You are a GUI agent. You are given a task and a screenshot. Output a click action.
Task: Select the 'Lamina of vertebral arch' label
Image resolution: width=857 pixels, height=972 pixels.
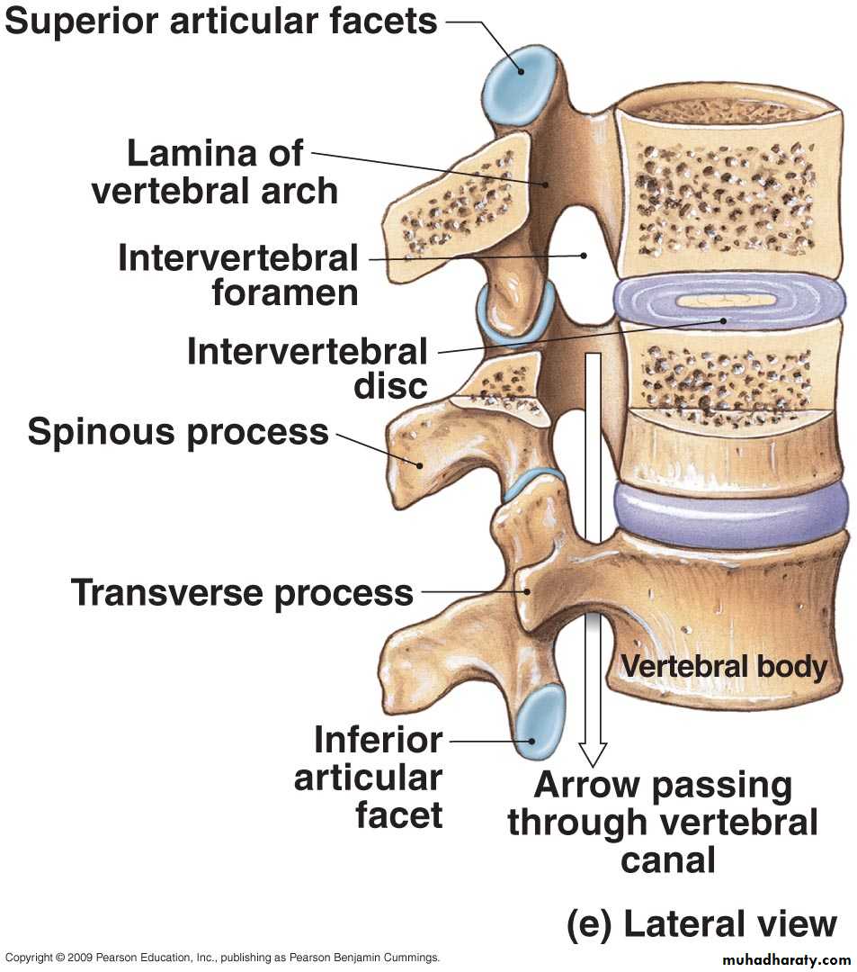coord(215,172)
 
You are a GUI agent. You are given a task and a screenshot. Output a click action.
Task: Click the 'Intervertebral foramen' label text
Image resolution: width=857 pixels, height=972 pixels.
coord(238,275)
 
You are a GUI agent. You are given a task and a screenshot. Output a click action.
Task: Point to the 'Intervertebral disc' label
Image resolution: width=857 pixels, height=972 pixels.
coord(307,367)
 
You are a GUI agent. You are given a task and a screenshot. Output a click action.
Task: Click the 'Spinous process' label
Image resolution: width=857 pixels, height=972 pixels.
coord(178,432)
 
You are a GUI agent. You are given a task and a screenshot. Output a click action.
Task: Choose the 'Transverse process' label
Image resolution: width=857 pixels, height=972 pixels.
coord(242,593)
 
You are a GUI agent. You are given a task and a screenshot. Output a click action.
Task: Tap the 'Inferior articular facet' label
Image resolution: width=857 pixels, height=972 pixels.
coord(369,778)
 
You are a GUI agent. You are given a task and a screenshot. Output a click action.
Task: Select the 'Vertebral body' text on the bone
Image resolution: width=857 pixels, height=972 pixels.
coord(724,667)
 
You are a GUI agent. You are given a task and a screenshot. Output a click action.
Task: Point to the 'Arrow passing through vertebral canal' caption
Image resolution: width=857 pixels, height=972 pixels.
coord(664,823)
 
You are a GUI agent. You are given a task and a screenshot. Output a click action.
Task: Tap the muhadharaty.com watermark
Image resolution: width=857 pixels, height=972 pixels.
coord(785,959)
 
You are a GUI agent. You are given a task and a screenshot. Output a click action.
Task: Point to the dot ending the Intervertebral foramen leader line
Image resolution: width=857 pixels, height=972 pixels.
coord(583,255)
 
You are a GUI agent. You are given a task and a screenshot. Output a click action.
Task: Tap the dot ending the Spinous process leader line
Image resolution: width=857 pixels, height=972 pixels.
coord(418,464)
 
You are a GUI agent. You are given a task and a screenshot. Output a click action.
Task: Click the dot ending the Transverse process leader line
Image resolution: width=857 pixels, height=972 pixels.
coord(527,591)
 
